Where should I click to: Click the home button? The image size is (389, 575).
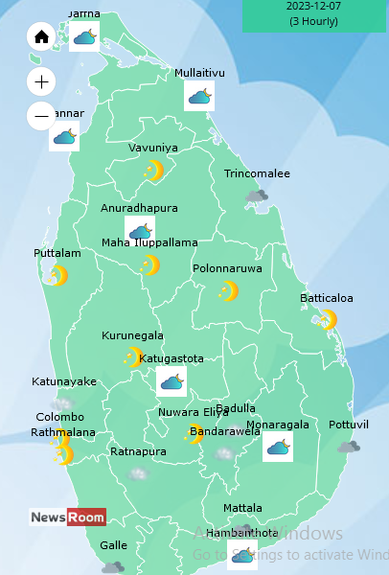(x=41, y=37)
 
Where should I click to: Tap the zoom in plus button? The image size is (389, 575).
(x=41, y=81)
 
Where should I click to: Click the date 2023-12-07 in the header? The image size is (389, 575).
(x=313, y=6)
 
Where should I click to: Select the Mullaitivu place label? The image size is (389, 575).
(x=199, y=73)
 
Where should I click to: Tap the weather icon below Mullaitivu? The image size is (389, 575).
(x=199, y=96)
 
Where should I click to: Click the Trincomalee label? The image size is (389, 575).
(x=257, y=173)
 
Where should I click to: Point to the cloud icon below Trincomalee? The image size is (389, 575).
(x=256, y=195)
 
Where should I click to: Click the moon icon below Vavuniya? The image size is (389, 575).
(x=152, y=171)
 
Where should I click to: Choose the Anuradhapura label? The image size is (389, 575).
(x=139, y=207)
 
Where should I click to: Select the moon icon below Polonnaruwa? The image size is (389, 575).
(x=228, y=290)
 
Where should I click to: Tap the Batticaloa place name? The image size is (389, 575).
(x=327, y=298)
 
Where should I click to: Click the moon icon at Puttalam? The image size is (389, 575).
(x=58, y=276)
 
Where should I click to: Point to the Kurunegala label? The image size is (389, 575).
(x=132, y=335)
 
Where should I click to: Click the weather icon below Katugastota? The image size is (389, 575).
(x=172, y=382)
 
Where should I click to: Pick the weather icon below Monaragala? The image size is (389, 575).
(x=278, y=447)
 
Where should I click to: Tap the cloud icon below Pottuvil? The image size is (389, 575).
(x=348, y=447)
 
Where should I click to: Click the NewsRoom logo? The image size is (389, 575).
(x=67, y=517)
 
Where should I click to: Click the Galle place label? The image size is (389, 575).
(x=113, y=545)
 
